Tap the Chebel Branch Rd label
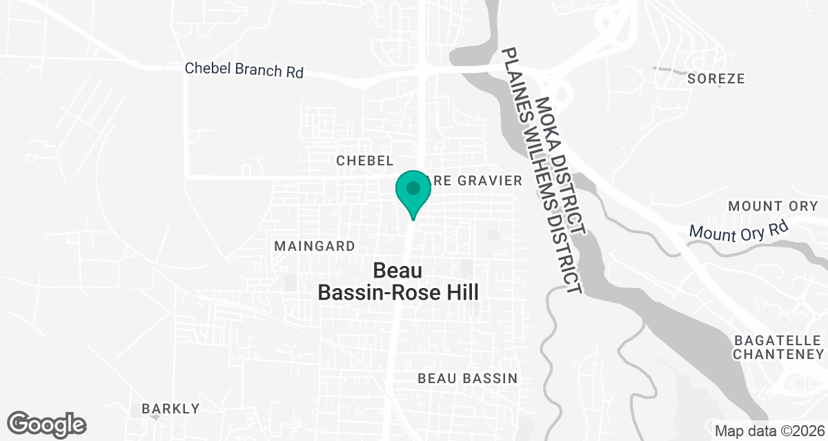(244, 70)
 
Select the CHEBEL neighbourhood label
(364, 161)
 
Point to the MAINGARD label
(315, 246)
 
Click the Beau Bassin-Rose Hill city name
(398, 281)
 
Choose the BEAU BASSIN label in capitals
(468, 378)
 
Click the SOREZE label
(716, 79)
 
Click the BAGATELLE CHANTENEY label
(779, 347)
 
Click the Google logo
(47, 423)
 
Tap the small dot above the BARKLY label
(156, 417)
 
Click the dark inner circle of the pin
(413, 187)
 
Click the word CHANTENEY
(779, 354)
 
